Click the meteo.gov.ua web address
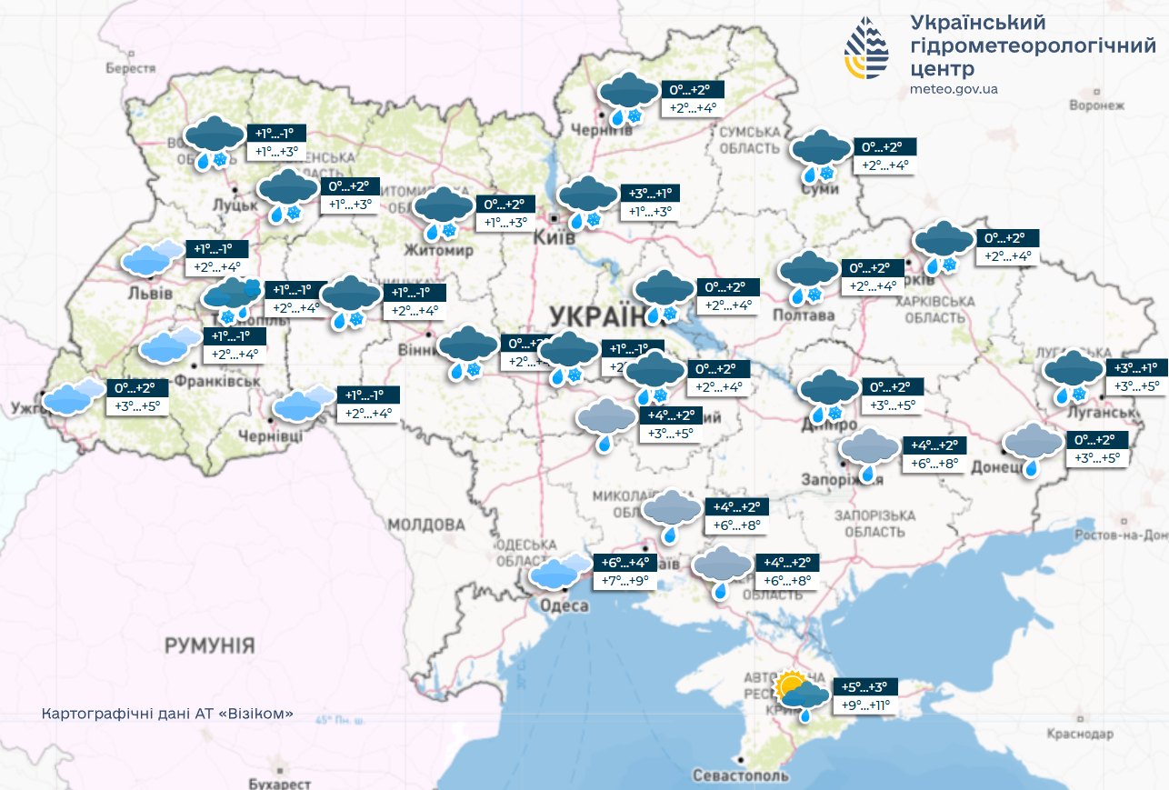pyautogui.click(x=954, y=89)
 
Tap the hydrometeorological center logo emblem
pyautogui.click(x=867, y=48)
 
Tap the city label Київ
pyautogui.click(x=556, y=237)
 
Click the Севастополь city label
pyautogui.click(x=740, y=776)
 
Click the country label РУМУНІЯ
pyautogui.click(x=209, y=645)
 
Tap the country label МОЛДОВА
pyautogui.click(x=425, y=525)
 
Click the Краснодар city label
pyautogui.click(x=1080, y=733)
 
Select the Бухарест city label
pyautogui.click(x=279, y=784)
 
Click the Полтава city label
pyautogui.click(x=803, y=315)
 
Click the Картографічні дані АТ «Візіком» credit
pyautogui.click(x=167, y=714)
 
